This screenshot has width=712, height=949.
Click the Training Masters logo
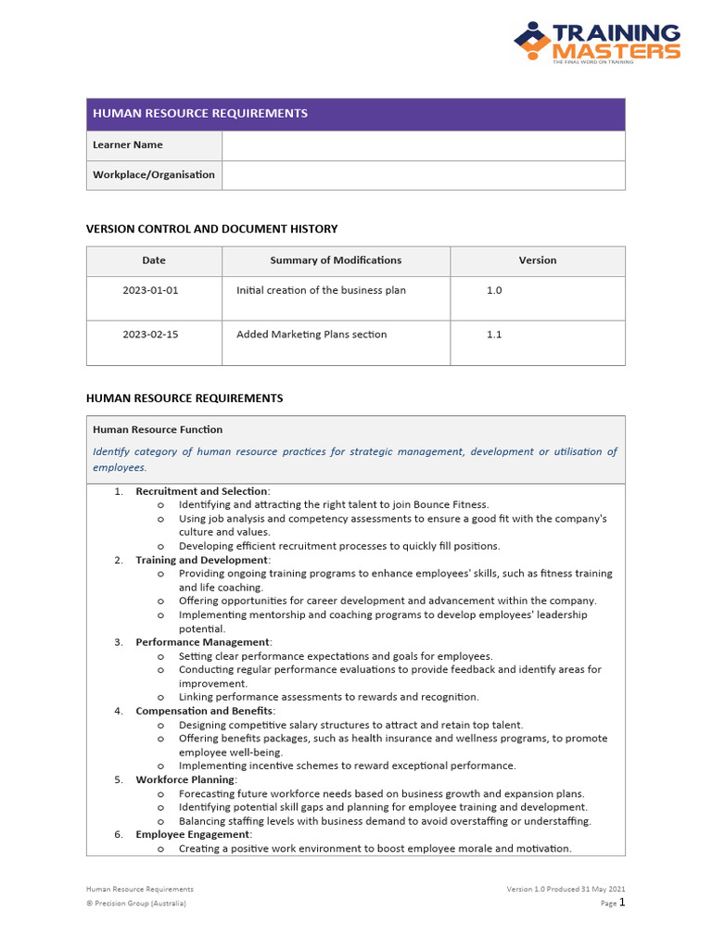pos(597,44)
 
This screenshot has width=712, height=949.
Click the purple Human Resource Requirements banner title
pos(199,113)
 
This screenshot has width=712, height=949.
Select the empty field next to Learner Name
pos(423,146)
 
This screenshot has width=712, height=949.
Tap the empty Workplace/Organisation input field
pos(423,175)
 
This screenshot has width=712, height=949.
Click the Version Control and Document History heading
pos(211,229)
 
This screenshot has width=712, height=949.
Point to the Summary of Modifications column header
pos(336,260)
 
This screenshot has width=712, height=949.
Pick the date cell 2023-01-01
pos(150,290)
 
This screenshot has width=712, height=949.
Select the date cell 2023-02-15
pos(150,335)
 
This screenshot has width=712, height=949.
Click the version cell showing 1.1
pos(494,335)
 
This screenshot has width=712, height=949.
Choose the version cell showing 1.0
pos(494,290)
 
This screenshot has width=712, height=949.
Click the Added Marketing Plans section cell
pos(311,335)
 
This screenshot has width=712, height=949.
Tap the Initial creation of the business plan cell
pos(321,290)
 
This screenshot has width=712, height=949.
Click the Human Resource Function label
pos(158,430)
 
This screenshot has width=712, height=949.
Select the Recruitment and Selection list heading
pos(202,491)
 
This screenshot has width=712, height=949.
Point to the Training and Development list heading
pos(202,560)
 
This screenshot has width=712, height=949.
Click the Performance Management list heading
pos(202,642)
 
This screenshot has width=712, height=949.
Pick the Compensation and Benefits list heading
pos(204,711)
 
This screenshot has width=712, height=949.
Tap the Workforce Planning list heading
pos(185,779)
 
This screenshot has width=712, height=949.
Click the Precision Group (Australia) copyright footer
pos(136,904)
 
